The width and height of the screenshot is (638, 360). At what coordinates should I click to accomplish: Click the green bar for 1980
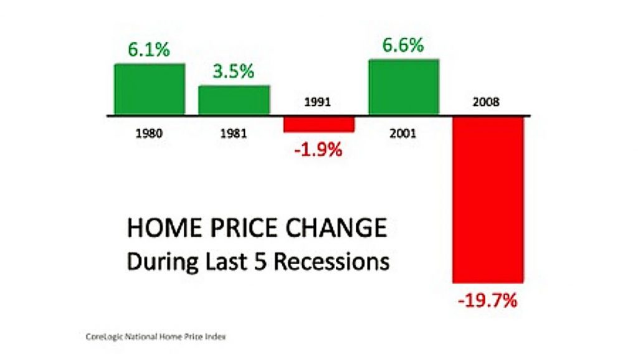[x=150, y=89]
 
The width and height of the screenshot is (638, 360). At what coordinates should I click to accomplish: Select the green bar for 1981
[x=234, y=100]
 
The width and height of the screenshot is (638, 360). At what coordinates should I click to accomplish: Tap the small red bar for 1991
[x=319, y=125]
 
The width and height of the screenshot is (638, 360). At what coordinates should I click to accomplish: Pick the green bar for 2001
[x=404, y=87]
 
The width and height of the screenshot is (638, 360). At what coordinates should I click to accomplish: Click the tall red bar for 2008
[x=488, y=200]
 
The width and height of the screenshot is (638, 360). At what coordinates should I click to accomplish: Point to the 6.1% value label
[x=149, y=50]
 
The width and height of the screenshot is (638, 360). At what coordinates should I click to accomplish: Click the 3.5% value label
[x=234, y=71]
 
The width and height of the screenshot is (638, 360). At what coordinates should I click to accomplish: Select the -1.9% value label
[x=318, y=150]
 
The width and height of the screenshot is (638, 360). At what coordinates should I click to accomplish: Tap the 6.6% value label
[x=403, y=45]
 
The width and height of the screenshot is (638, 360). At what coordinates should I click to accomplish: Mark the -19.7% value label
[x=487, y=301]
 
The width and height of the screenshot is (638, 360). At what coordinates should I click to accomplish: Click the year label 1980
[x=149, y=133]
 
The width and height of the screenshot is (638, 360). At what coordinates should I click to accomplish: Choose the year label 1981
[x=234, y=133]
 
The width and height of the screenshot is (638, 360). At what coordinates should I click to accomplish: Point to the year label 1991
[x=318, y=102]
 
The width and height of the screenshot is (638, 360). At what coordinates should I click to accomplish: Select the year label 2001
[x=403, y=133]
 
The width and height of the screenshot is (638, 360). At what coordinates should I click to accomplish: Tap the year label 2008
[x=486, y=102]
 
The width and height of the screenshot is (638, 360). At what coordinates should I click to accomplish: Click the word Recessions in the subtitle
[x=331, y=262]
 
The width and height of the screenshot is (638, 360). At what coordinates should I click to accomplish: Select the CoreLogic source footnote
[x=155, y=337]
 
